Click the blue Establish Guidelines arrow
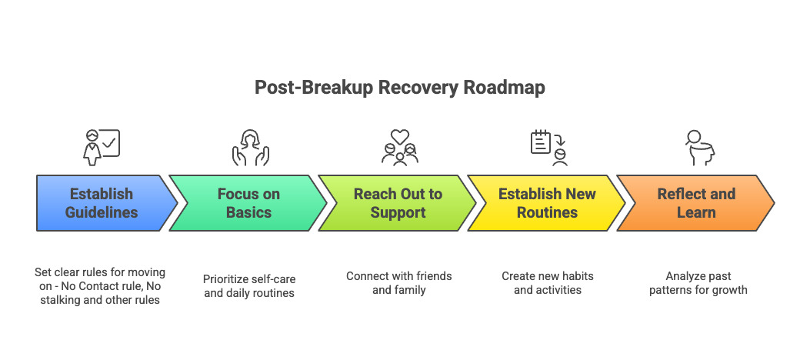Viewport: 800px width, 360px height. pos(100,203)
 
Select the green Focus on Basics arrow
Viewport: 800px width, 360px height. pos(248,203)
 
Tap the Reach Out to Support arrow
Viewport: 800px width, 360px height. pos(397,203)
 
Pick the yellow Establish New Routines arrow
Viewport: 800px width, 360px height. pos(546,203)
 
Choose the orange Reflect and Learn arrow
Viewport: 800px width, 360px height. pos(694,203)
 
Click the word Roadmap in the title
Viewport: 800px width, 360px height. pos(505,88)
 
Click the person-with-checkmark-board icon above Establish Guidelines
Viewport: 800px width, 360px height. pos(102,147)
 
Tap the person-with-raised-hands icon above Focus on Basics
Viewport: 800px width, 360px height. pos(249,147)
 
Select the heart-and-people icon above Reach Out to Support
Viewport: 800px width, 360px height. pos(399,147)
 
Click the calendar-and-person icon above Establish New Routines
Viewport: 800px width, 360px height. pos(548,147)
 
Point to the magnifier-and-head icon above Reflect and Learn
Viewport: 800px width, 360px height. pos(699,147)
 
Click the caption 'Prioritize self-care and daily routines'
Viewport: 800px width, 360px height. pos(249,285)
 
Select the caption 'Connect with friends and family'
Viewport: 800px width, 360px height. pos(398,282)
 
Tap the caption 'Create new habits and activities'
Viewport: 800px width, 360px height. pos(548,282)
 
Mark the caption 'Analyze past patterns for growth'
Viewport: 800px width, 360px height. pos(697,282)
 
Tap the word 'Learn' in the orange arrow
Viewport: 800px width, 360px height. pos(696,212)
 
